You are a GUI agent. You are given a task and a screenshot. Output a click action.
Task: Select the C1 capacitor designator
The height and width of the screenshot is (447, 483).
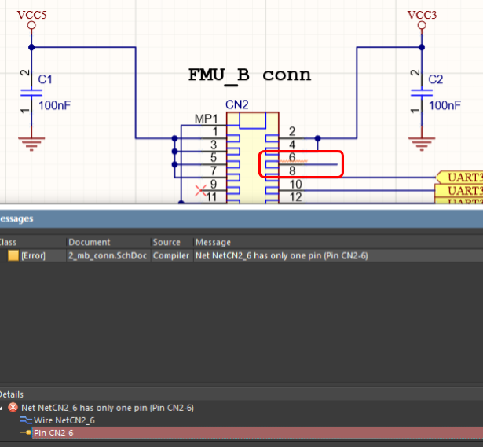pos(46,79)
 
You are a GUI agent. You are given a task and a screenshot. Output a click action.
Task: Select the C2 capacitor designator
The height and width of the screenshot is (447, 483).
pos(436,79)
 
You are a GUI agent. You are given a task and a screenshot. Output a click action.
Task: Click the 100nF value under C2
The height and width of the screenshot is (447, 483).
pos(445,105)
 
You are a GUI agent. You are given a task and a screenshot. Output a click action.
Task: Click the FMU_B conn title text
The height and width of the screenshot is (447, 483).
pos(249,75)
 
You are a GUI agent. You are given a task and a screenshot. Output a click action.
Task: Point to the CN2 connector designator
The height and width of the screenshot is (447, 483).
pos(236,104)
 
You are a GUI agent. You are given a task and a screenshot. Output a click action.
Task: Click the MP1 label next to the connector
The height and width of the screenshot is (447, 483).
pos(206,119)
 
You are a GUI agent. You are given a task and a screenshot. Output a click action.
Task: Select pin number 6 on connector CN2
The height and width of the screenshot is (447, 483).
pos(292,157)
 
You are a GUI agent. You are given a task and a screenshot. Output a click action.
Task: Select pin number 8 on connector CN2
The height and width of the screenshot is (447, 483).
pos(292,170)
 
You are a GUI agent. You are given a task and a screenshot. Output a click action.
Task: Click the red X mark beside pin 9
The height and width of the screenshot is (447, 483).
pos(200,189)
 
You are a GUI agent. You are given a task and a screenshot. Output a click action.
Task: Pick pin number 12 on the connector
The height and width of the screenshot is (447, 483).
pos(295,196)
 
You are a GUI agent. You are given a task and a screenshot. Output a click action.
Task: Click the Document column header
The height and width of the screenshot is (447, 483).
pos(90,242)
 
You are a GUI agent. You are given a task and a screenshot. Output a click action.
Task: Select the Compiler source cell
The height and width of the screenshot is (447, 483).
pos(170,256)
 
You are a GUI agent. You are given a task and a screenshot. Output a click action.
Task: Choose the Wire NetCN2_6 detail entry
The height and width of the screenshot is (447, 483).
pos(65,420)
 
